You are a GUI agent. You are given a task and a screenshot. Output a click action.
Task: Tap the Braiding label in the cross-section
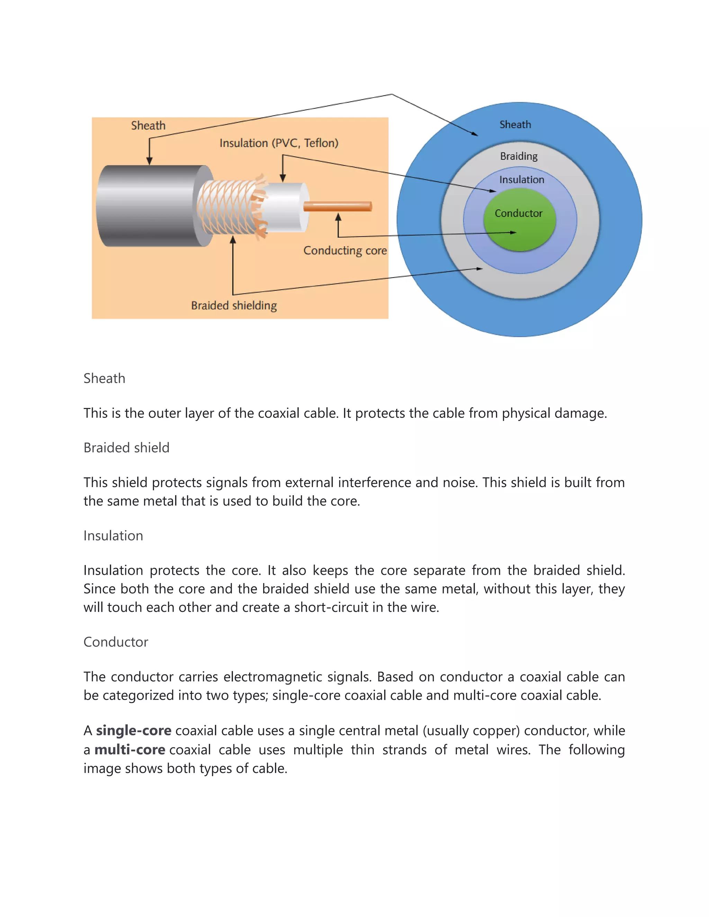coord(519,156)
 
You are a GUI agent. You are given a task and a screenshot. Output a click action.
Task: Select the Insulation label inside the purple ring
coord(522,180)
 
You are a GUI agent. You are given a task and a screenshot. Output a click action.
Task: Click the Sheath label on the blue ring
coord(515,125)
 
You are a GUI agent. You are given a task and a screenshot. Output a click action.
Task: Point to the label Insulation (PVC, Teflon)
coord(279,143)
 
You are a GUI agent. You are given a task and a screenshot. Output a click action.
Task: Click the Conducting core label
coord(345,251)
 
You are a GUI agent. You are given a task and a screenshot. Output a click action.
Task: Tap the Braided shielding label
coord(234,305)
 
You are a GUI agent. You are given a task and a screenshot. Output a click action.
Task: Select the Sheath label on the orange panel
coord(148,126)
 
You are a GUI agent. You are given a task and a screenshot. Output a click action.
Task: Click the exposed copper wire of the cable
coord(337,206)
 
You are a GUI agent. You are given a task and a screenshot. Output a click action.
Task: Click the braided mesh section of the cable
coord(227,207)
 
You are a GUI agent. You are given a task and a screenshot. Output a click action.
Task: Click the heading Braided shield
coord(126,448)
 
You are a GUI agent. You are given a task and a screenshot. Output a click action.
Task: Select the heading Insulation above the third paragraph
coord(114,536)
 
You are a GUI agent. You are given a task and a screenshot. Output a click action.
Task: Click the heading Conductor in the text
coord(116,642)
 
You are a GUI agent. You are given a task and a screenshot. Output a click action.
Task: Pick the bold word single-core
coord(134,731)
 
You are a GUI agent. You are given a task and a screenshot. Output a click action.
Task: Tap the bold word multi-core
coord(130,750)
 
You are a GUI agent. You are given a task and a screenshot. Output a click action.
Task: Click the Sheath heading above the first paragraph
coord(105,378)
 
